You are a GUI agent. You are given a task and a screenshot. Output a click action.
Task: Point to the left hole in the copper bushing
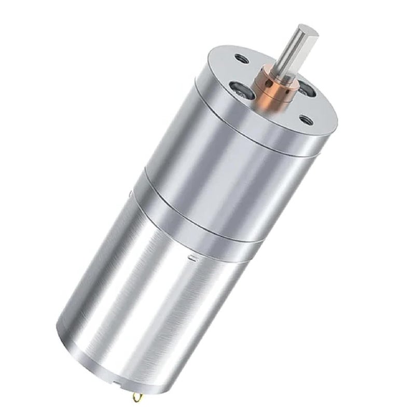(x=264, y=84)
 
